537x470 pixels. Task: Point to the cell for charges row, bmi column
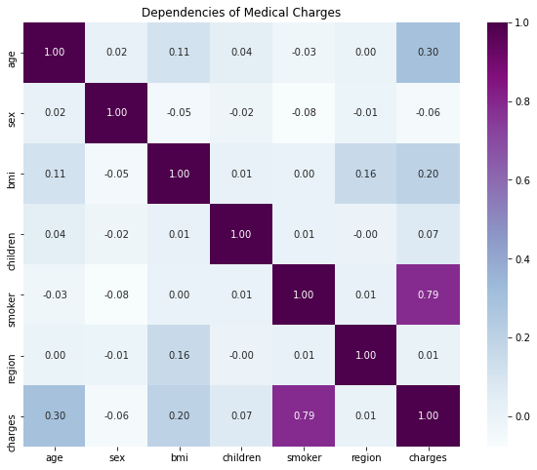[x=179, y=416]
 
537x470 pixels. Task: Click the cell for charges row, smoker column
[x=300, y=416]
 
